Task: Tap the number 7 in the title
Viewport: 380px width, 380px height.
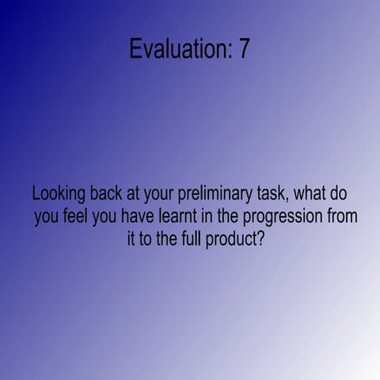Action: coord(244,49)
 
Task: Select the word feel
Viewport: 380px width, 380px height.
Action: coord(77,216)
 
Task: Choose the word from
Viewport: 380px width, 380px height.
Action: coord(343,216)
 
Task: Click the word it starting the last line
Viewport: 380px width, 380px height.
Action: coord(131,238)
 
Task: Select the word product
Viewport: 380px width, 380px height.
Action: coord(230,239)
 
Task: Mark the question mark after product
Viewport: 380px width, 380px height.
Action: coord(260,238)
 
